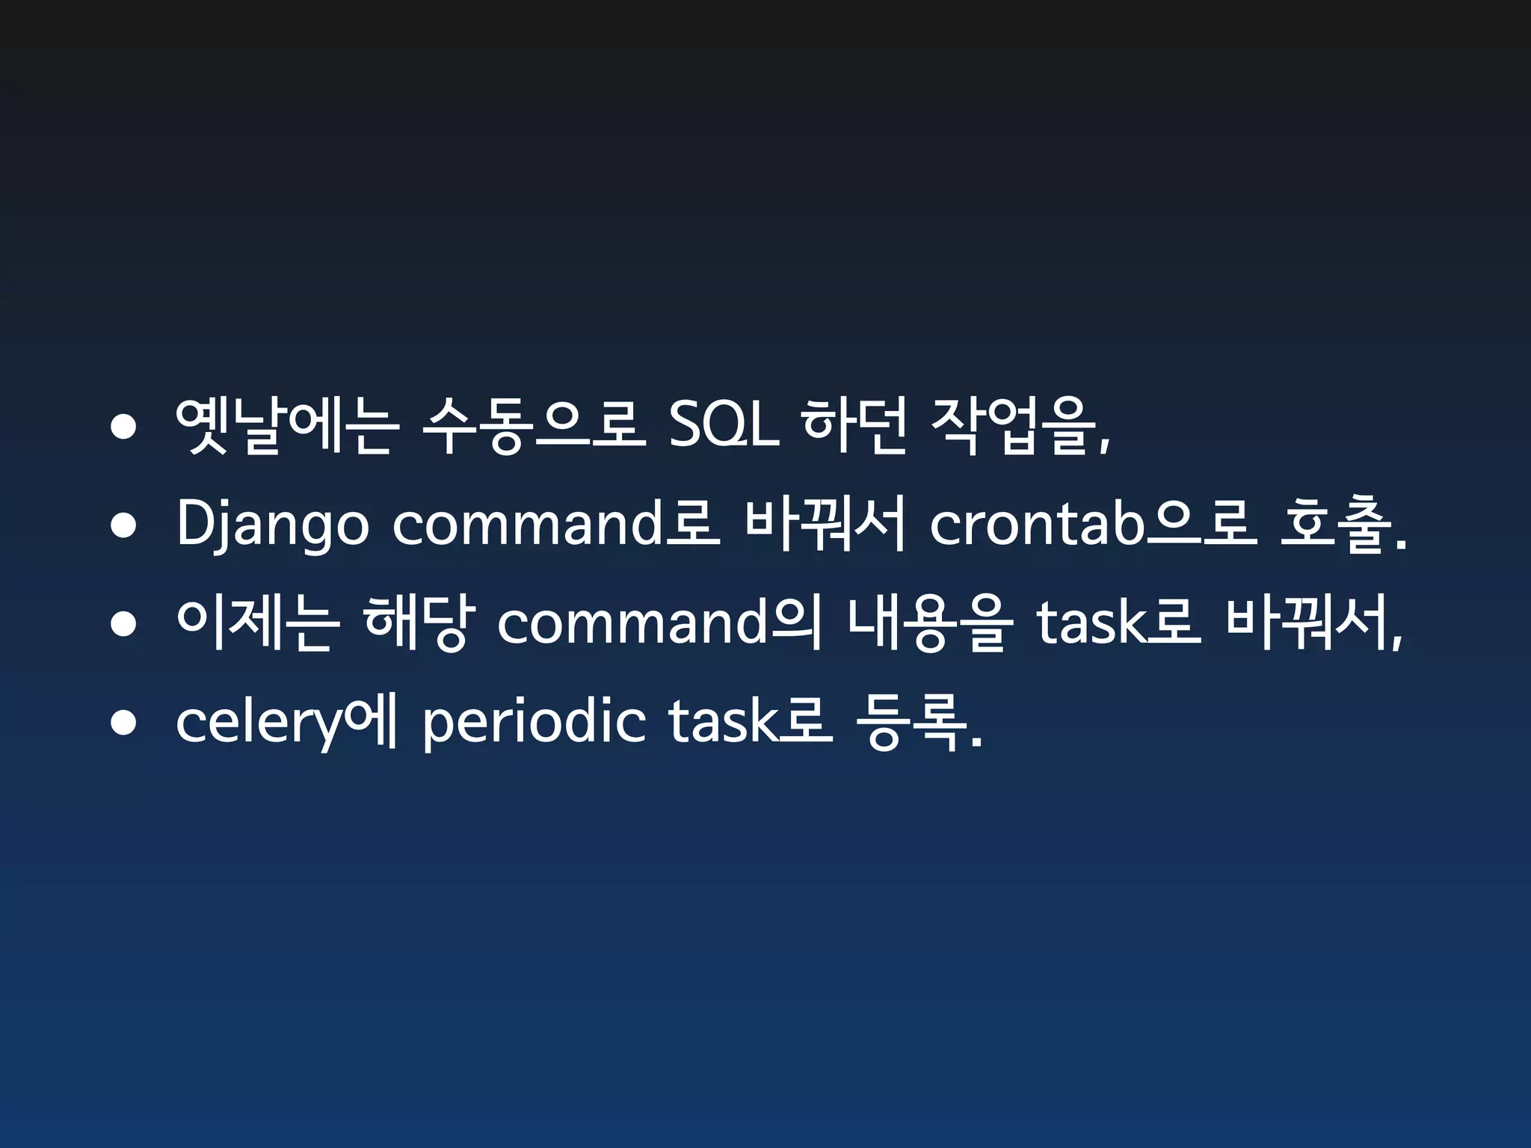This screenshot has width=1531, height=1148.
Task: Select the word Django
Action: pyautogui.click(x=272, y=525)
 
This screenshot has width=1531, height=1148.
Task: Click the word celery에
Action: pyautogui.click(x=286, y=723)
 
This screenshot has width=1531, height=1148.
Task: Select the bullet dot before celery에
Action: pyautogui.click(x=123, y=723)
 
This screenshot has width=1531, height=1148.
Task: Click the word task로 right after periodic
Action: pyautogui.click(x=750, y=723)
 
